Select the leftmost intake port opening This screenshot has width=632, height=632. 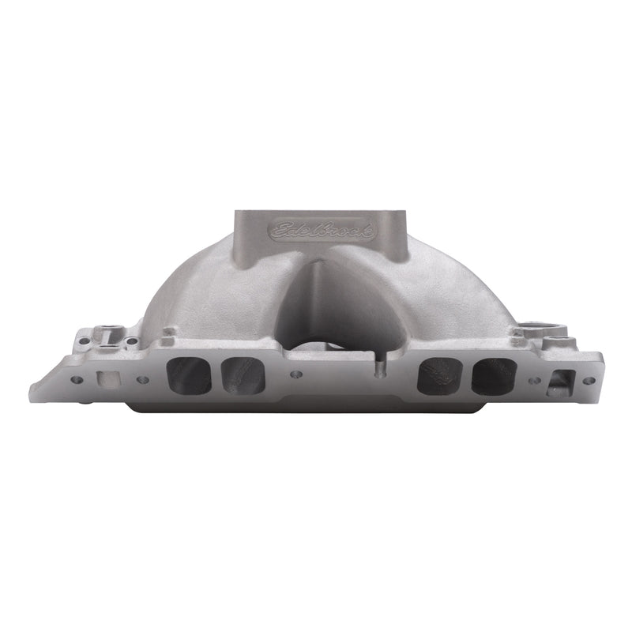pos(190,375)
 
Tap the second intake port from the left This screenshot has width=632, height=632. pos(242,374)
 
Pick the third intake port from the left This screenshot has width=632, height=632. pos(436,374)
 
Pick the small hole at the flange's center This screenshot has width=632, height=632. pos(296,374)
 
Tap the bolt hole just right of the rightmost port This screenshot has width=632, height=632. pos(534,378)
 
